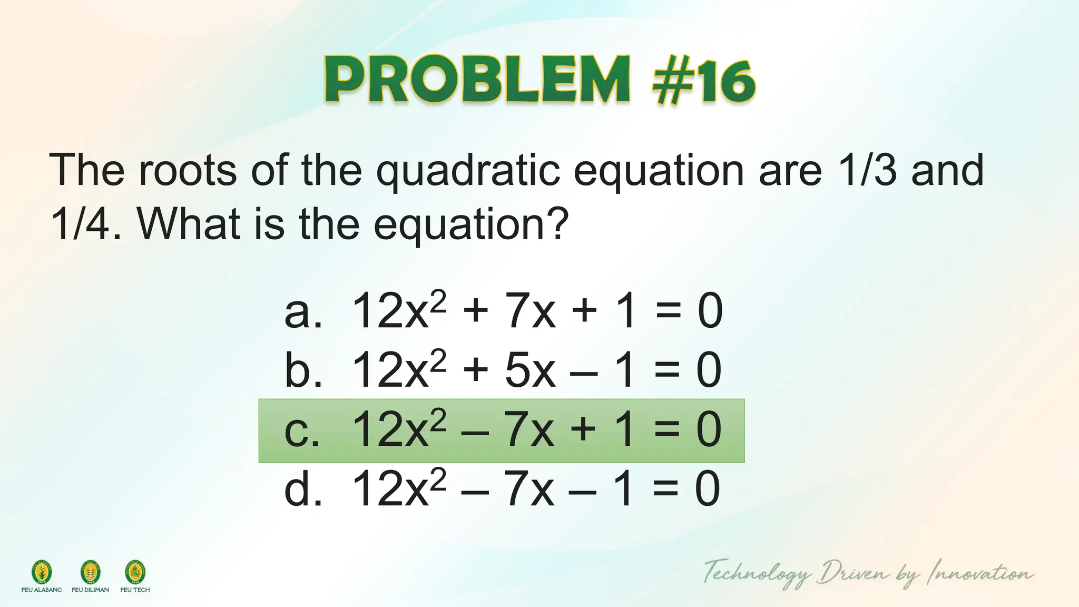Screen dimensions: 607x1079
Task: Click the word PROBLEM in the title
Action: pyautogui.click(x=477, y=81)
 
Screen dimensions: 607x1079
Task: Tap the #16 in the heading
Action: pyautogui.click(x=703, y=82)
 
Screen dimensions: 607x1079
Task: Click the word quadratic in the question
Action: pyautogui.click(x=468, y=170)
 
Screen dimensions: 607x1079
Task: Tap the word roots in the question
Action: pyautogui.click(x=188, y=170)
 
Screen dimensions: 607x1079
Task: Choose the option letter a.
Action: pyautogui.click(x=302, y=312)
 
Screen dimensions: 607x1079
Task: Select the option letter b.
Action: pyautogui.click(x=302, y=371)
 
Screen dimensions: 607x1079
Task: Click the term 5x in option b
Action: pyautogui.click(x=529, y=371)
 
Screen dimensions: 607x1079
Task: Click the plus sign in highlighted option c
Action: pyautogui.click(x=583, y=430)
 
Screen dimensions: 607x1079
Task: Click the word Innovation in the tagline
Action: pyautogui.click(x=980, y=573)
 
